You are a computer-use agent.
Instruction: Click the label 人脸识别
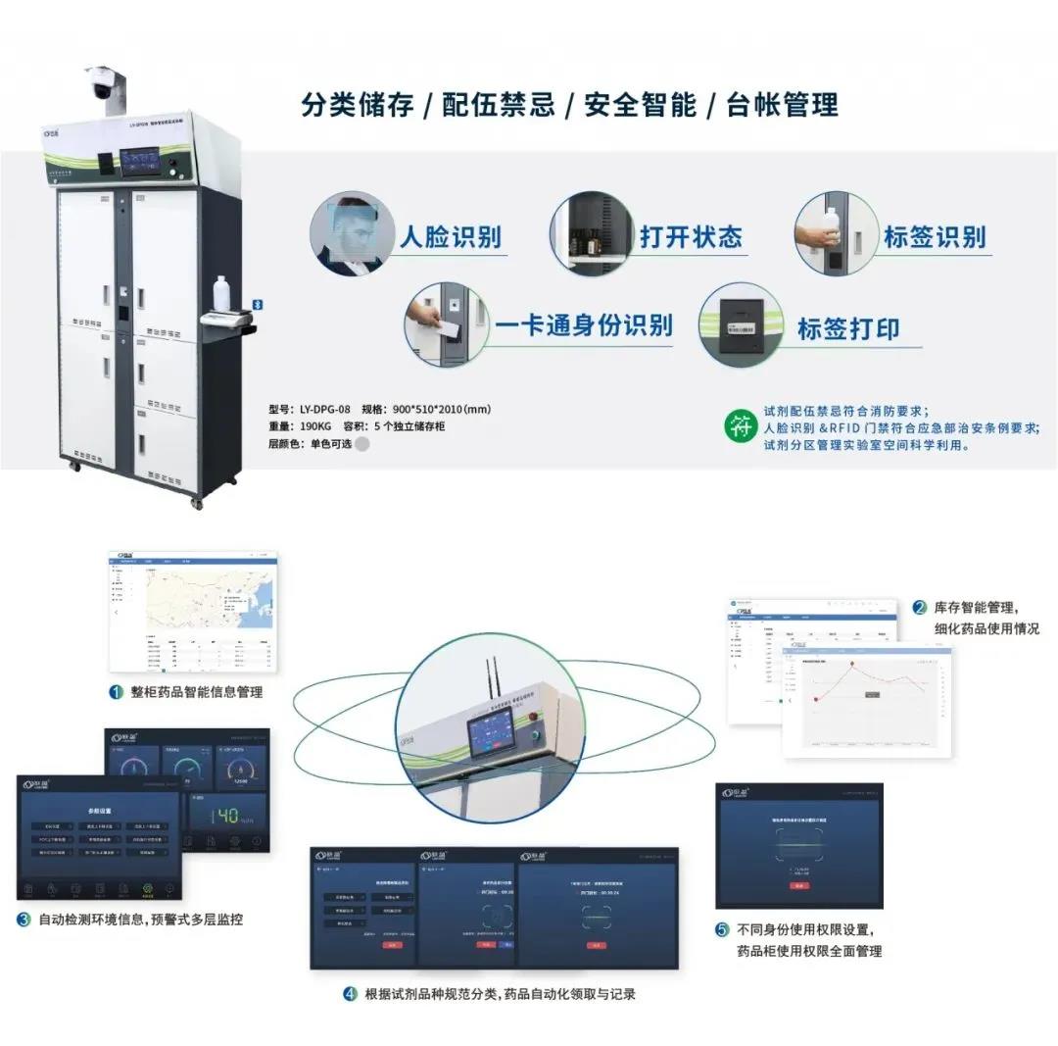[450, 236]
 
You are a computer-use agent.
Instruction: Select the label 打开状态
[691, 236]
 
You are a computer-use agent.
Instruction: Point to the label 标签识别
[934, 236]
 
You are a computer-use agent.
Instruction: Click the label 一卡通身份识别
[583, 325]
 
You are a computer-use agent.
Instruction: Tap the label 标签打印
[848, 328]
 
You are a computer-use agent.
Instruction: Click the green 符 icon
[740, 426]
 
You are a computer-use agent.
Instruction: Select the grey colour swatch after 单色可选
[362, 443]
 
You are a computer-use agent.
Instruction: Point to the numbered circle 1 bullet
[117, 692]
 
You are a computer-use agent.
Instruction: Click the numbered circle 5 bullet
[722, 929]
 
